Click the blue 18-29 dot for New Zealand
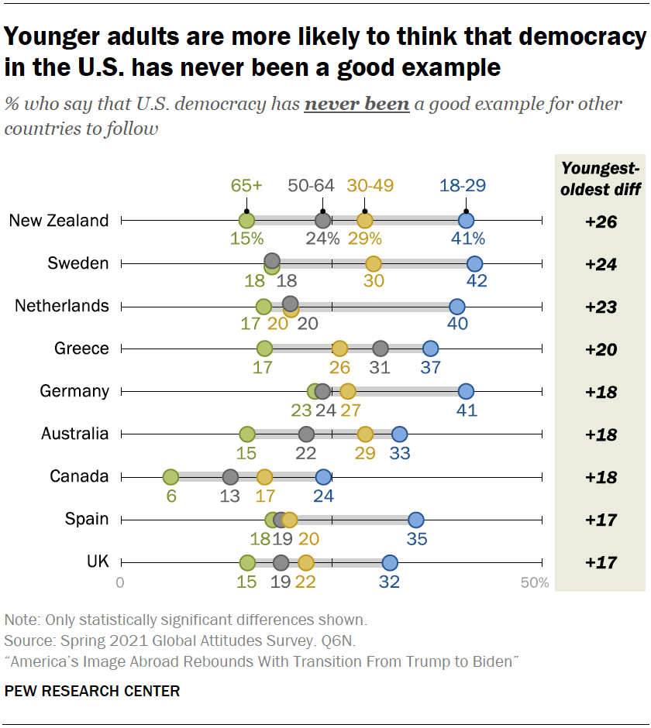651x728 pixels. (x=466, y=221)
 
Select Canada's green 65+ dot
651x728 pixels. (x=171, y=477)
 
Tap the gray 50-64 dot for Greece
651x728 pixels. (x=381, y=349)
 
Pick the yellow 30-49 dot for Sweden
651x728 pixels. (x=373, y=264)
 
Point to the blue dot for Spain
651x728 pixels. (x=416, y=520)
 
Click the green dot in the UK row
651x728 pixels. (x=247, y=563)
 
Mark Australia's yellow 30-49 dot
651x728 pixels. (x=365, y=434)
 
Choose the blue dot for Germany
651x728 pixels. (x=466, y=391)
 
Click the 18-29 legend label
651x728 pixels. (x=463, y=186)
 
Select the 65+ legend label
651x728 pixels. (x=246, y=186)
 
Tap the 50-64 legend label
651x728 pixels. (x=311, y=186)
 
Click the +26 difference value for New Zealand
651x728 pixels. (x=601, y=222)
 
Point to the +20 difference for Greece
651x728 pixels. (x=601, y=349)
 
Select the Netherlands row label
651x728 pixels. (x=62, y=306)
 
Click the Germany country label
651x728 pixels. (x=74, y=391)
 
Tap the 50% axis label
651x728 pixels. (x=535, y=582)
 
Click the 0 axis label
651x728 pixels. (x=120, y=582)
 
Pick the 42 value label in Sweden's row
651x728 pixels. (x=477, y=281)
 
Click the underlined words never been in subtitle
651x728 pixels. (x=356, y=105)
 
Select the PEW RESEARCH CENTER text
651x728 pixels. (x=92, y=691)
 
